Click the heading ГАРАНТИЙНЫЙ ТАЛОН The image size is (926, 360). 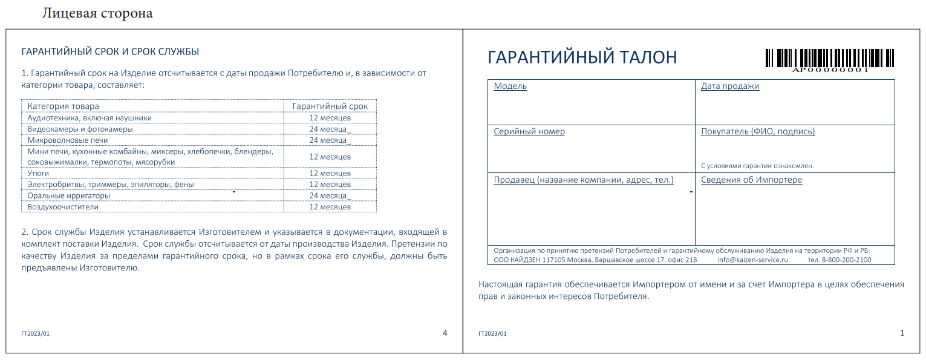pos(582,57)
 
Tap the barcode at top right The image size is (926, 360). pos(830,59)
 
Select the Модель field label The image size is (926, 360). pos(510,86)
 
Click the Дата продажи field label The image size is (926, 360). pos(729,86)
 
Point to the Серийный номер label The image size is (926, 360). pos(529,131)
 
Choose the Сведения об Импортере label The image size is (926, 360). pos(751,180)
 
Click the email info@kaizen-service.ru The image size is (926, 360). pos(752,260)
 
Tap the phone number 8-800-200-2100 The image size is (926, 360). pos(846,260)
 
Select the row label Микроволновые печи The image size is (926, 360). pos(68,140)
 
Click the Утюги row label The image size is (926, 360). pos(38,173)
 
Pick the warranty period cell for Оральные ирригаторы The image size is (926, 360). pos(330,195)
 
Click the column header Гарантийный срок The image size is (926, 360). pos(330,106)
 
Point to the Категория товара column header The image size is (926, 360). pos(63,106)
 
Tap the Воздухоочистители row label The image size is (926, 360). pos(63,207)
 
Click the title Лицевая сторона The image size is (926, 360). pos(97,13)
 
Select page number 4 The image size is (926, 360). pos(445,333)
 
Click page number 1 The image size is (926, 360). pos(902,333)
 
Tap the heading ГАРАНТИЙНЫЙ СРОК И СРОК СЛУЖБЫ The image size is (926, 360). pos(110,51)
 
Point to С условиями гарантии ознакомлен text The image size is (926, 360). pos(757,165)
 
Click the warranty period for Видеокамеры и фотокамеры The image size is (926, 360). pos(330,129)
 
